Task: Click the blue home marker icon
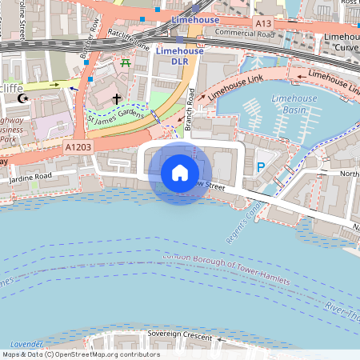[180, 172]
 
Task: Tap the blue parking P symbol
[260, 167]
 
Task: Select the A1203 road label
[78, 147]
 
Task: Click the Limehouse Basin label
[294, 103]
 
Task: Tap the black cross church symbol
[117, 98]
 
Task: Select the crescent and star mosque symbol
[22, 98]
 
